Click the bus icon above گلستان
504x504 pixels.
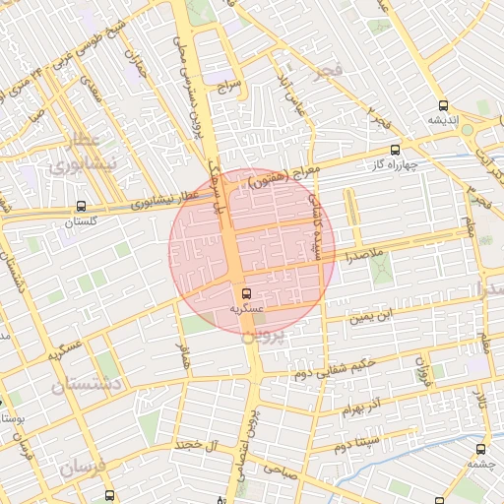[80, 207]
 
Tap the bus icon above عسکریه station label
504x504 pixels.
[245, 293]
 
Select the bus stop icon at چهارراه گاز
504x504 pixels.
[395, 150]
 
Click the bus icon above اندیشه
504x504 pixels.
[442, 104]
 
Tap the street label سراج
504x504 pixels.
[230, 88]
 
